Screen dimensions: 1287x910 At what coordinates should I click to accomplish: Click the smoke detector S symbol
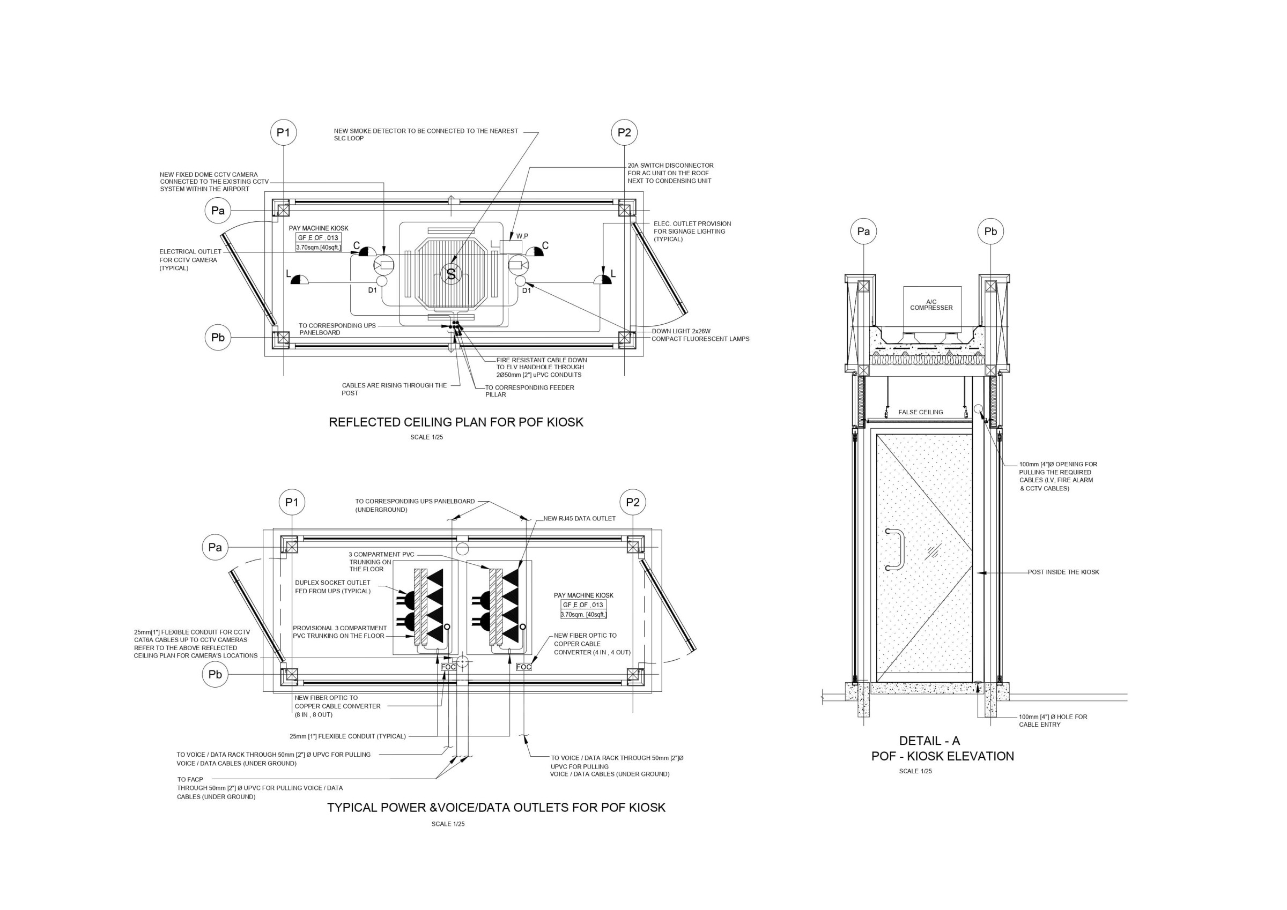click(x=450, y=273)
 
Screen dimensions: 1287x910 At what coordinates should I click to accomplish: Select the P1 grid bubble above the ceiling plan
click(x=284, y=133)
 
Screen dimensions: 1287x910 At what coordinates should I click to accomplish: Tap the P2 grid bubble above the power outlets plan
click(x=633, y=502)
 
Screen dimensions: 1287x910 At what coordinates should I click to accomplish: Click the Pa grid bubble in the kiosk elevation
click(x=864, y=232)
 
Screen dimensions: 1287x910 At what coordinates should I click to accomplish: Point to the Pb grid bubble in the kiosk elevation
click(x=991, y=232)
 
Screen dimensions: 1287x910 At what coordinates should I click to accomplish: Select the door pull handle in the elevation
click(x=895, y=549)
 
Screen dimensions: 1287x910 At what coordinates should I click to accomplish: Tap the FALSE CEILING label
click(x=920, y=412)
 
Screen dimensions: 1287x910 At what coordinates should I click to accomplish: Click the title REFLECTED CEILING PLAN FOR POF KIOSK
click(x=456, y=422)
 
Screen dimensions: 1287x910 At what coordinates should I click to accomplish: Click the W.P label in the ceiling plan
click(x=522, y=236)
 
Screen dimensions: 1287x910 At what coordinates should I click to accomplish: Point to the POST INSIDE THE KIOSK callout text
click(x=1063, y=572)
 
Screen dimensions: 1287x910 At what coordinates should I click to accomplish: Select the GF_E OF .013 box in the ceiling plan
click(x=319, y=237)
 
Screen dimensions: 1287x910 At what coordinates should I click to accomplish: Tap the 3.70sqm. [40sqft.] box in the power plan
click(x=583, y=615)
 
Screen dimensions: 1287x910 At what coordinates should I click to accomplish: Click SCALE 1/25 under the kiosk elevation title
click(x=915, y=771)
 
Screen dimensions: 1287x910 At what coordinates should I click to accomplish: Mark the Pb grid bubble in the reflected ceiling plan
click(x=218, y=337)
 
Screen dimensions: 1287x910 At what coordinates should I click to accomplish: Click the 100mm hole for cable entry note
click(x=1053, y=721)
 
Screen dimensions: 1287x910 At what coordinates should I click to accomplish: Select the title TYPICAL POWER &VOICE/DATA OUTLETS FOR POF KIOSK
click(x=496, y=808)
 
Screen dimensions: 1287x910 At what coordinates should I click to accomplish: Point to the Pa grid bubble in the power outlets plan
click(x=215, y=548)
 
